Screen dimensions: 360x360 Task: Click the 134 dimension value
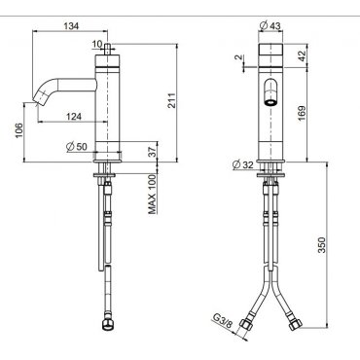71,26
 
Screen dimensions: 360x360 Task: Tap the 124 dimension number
74,117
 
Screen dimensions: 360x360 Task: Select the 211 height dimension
171,101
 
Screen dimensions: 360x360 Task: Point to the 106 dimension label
18,130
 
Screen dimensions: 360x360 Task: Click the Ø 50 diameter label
77,147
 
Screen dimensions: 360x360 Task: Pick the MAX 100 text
153,195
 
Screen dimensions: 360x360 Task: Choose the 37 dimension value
152,151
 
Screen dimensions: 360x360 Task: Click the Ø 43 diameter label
270,25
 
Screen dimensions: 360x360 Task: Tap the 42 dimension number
302,55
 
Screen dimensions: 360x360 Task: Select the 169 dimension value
302,113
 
